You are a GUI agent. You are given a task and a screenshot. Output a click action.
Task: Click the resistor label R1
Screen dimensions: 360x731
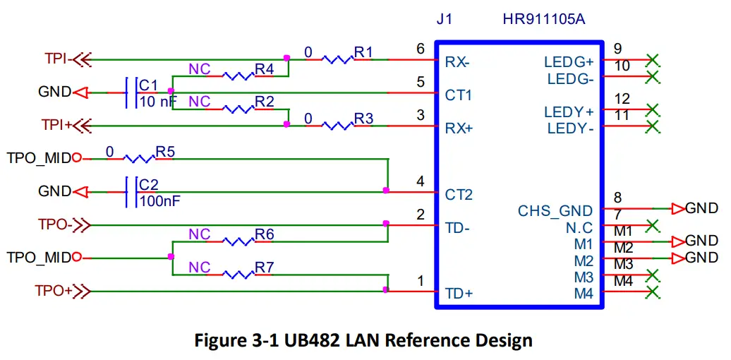[x=363, y=52]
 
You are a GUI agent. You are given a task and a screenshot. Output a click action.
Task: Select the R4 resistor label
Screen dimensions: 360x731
[x=264, y=69]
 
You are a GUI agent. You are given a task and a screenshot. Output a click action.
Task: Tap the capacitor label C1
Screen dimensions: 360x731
[x=148, y=85]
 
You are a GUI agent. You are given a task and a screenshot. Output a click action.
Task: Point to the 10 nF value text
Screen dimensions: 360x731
[x=157, y=101]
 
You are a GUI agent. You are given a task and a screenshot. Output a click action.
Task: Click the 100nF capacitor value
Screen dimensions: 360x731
[x=159, y=200]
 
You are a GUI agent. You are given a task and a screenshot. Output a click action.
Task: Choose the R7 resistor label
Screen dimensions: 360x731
[x=264, y=268]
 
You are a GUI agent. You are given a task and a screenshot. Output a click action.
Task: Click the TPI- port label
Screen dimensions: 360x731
[x=56, y=59]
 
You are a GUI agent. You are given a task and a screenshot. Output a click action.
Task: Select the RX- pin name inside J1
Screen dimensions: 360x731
[x=457, y=62]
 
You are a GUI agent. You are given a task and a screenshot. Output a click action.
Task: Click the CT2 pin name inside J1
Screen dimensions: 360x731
[x=459, y=194]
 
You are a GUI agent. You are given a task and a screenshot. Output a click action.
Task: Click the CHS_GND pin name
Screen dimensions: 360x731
[x=555, y=211]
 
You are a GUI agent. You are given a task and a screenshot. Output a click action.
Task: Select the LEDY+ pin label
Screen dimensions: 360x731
[x=569, y=112]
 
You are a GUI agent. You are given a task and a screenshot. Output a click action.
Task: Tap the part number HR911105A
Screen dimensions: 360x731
[x=543, y=19]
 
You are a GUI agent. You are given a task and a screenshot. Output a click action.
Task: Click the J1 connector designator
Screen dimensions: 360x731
[x=444, y=19]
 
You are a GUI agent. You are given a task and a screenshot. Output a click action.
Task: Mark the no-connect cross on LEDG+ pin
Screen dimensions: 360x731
[x=653, y=59]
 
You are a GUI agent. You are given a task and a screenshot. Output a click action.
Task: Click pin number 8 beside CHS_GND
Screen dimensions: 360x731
[x=617, y=198]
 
